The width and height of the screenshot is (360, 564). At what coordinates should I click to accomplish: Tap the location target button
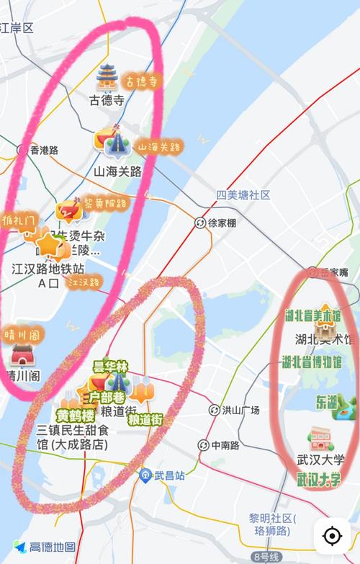click(x=332, y=537)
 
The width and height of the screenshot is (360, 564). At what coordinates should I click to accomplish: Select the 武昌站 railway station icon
click(x=145, y=475)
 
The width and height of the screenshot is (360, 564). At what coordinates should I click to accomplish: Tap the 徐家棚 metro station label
click(x=222, y=223)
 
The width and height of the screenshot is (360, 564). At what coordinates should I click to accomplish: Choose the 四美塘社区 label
click(x=243, y=195)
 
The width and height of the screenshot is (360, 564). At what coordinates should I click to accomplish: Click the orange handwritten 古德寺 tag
click(x=141, y=82)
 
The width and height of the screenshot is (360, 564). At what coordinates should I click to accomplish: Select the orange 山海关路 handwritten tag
click(x=158, y=147)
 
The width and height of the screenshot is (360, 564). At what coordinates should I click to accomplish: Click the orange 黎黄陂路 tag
click(x=105, y=204)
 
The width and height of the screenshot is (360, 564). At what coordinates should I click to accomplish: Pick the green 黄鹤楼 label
click(x=76, y=416)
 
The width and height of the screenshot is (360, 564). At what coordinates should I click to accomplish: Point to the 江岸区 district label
click(x=17, y=28)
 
